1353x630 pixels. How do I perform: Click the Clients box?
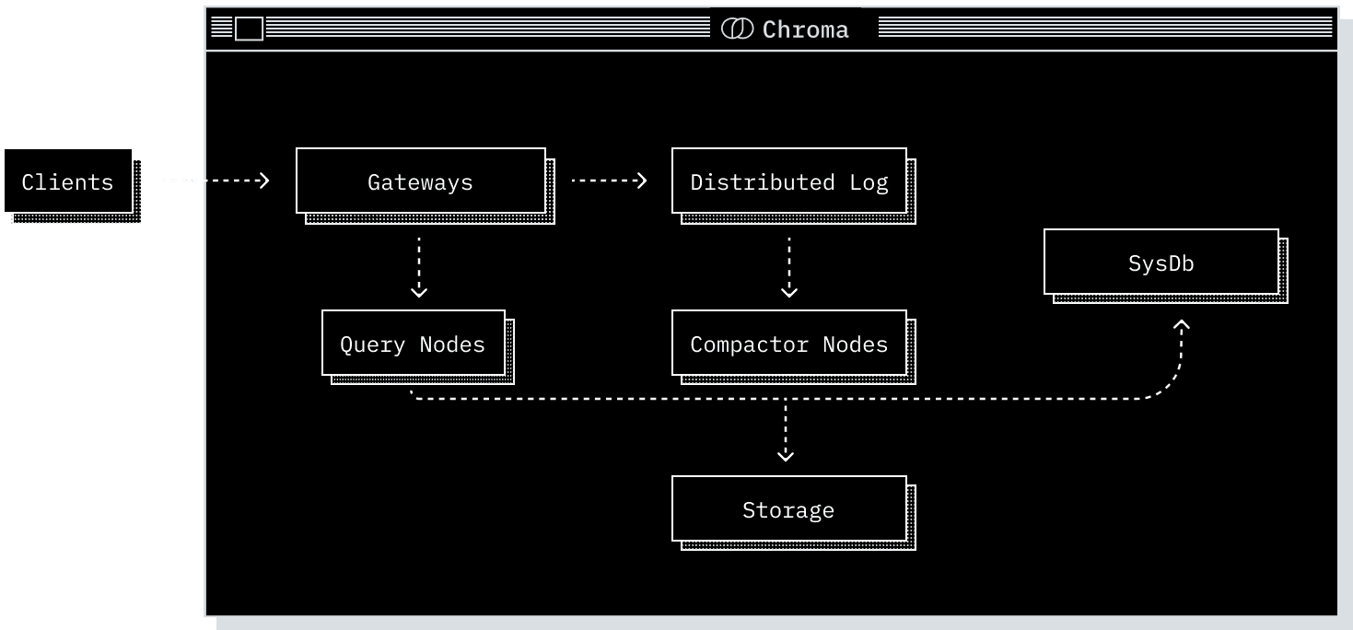click(68, 181)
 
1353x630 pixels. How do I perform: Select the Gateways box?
click(420, 181)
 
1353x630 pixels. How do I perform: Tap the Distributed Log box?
click(788, 181)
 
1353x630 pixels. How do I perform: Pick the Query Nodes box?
click(413, 344)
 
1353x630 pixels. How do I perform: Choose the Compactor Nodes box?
click(788, 344)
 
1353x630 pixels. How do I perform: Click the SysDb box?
click(1161, 262)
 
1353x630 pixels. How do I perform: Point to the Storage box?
click(788, 509)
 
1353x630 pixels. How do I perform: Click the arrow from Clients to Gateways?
click(216, 181)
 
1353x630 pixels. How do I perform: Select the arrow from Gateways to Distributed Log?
click(609, 181)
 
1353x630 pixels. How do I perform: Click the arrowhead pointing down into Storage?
click(786, 454)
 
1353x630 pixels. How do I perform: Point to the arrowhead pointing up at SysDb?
click(1182, 325)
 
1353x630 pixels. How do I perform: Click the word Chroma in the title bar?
click(805, 29)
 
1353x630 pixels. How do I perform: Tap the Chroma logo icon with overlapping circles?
click(737, 29)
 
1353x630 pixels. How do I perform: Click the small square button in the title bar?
click(249, 29)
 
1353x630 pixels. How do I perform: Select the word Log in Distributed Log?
click(869, 181)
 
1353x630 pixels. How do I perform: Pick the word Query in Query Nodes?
click(373, 344)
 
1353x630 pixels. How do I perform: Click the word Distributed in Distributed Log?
click(762, 181)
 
